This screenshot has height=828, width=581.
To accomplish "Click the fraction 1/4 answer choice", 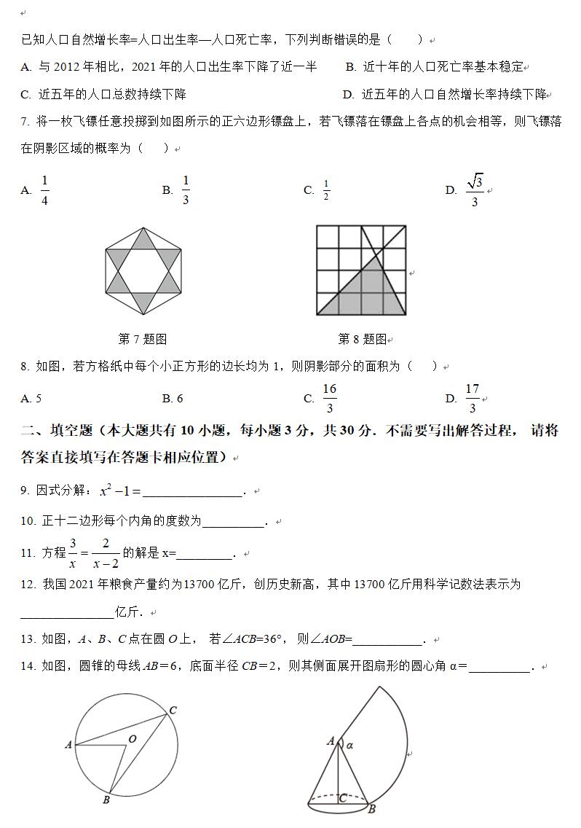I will (x=44, y=190).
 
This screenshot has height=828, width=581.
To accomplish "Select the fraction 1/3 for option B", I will (x=185, y=190).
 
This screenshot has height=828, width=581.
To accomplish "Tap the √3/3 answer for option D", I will (x=475, y=190).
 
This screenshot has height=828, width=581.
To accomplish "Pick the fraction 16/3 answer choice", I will (x=329, y=398).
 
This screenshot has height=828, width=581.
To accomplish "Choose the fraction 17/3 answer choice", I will (x=472, y=398).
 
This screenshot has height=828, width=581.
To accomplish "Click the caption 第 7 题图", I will (x=142, y=339).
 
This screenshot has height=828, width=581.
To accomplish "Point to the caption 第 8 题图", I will (x=362, y=339).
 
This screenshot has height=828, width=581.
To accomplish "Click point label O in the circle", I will (x=133, y=739).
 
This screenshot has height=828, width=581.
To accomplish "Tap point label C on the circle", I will (x=173, y=710).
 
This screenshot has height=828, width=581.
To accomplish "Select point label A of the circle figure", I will (x=68, y=744).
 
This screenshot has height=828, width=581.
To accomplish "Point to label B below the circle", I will (x=106, y=800).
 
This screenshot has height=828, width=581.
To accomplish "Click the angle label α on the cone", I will (x=349, y=745).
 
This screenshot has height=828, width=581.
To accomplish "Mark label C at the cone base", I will (x=342, y=799).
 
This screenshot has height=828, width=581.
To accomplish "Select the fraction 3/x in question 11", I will (x=73, y=552).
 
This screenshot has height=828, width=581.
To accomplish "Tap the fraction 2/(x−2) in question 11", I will (x=106, y=552).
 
